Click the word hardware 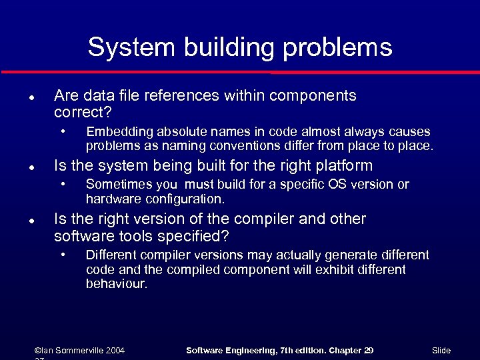point(111,199)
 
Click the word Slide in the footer point(441,350)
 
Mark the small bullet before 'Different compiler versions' point(63,254)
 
